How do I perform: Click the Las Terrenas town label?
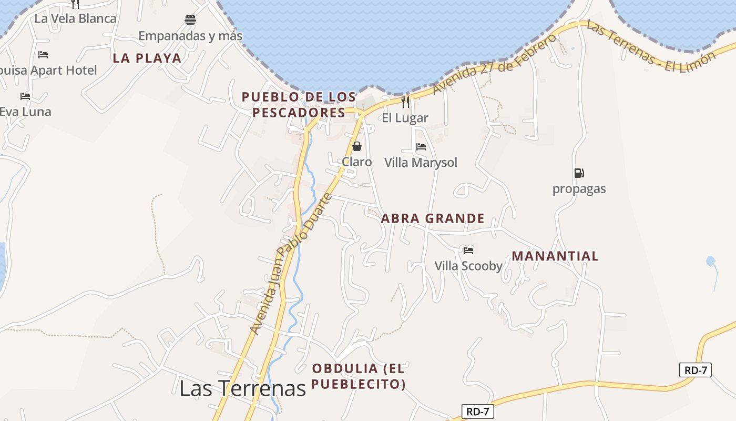[x=242, y=388]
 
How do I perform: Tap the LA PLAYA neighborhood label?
[x=147, y=58]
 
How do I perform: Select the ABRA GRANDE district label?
[x=433, y=218]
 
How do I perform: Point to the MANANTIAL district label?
[x=555, y=256]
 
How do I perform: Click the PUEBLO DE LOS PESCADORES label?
[x=299, y=105]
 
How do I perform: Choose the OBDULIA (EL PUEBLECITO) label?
[x=359, y=376]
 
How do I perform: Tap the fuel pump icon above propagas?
[x=579, y=173]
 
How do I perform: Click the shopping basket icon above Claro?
[x=357, y=146]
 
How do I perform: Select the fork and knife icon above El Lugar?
[x=405, y=102]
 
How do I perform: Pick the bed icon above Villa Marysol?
[x=421, y=147]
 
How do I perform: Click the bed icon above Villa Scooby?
[x=468, y=250]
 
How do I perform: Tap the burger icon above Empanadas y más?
[x=190, y=20]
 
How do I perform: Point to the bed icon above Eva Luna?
[x=25, y=96]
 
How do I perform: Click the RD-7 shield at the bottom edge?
[x=478, y=412]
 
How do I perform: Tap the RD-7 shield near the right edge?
[x=696, y=370]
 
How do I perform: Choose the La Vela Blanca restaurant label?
[x=76, y=18]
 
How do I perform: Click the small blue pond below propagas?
[x=711, y=261]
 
